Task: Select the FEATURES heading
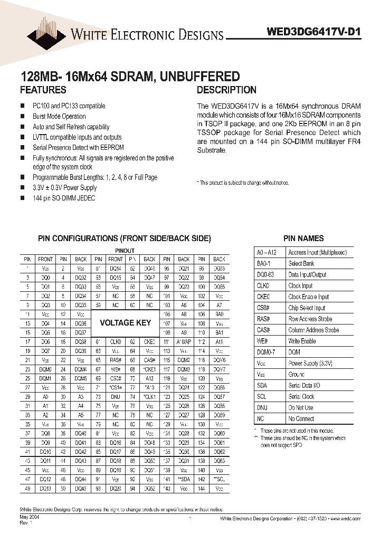tap(43, 90)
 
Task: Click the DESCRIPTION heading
tap(226, 90)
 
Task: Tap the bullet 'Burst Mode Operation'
tap(59, 116)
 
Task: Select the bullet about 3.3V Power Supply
tap(64, 187)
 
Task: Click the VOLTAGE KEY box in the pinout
tap(125, 322)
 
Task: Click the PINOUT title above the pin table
tap(125, 250)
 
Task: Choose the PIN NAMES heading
tap(303, 239)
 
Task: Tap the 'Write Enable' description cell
tap(302, 341)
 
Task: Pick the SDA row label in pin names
tap(262, 386)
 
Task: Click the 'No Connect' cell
tap(301, 419)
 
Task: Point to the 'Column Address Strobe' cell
tap(313, 330)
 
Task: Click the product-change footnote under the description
tap(243, 183)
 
